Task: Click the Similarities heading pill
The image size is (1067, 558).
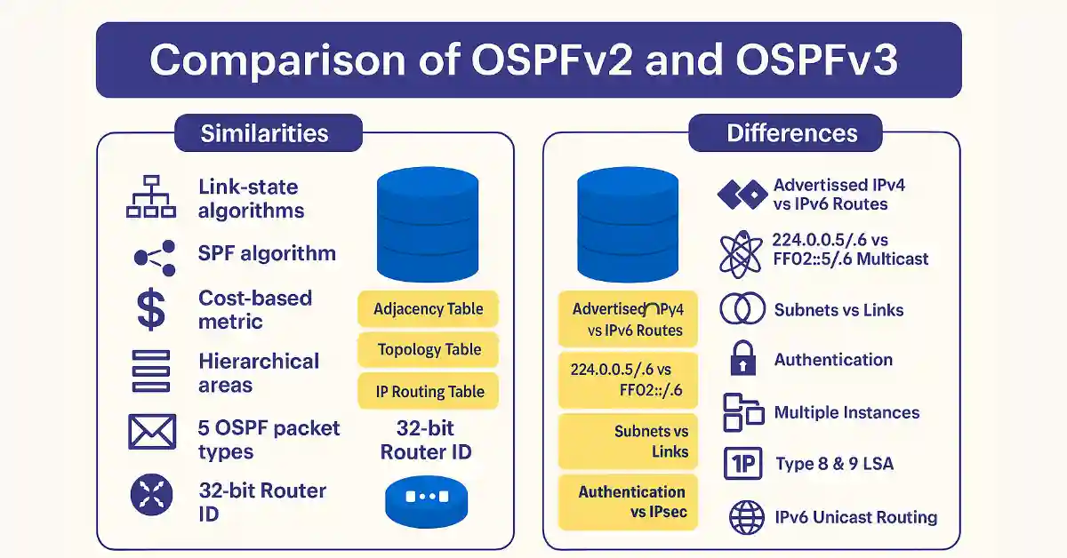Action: tap(264, 133)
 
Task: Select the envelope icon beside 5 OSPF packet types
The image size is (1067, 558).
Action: tap(152, 433)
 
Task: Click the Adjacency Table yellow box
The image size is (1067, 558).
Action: tap(428, 308)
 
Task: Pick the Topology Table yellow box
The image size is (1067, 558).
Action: tap(428, 349)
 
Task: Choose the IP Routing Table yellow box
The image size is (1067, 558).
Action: tap(428, 391)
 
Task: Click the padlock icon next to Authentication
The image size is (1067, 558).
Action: tap(742, 360)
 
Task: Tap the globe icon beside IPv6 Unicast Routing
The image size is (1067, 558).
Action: tap(745, 517)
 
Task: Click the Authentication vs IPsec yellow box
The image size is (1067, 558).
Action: tap(628, 502)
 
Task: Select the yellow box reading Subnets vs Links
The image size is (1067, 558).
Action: tap(628, 441)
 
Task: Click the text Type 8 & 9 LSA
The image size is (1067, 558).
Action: tap(833, 464)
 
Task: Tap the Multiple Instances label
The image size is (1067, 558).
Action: tap(846, 412)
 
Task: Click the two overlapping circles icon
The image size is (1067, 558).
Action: tap(742, 309)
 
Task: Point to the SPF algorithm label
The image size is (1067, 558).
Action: tap(267, 253)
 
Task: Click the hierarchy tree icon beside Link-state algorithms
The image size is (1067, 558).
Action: tap(149, 197)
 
